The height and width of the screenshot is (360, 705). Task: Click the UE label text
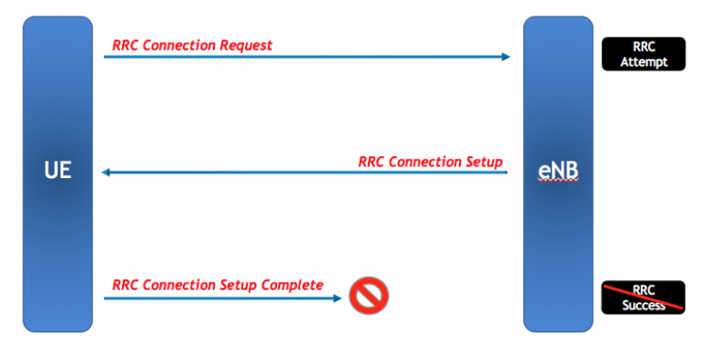[x=57, y=171]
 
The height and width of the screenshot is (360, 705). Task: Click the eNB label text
[x=558, y=171]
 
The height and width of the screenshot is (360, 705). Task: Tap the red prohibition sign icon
[x=369, y=296]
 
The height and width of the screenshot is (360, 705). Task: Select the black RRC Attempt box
[x=643, y=53]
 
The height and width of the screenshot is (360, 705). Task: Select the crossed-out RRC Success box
[x=643, y=298]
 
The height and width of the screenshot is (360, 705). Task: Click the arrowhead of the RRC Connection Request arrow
[x=505, y=57]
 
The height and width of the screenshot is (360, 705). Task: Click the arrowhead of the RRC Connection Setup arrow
[x=106, y=172]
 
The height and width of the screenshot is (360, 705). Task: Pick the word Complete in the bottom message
[x=293, y=285]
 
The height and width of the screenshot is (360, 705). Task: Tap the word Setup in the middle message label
[x=483, y=162]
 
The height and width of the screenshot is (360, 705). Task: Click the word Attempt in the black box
[x=643, y=62]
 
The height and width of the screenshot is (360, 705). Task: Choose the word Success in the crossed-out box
[x=643, y=306]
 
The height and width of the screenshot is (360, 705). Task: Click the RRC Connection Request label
[x=192, y=45]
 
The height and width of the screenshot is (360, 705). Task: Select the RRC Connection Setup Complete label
[x=218, y=285]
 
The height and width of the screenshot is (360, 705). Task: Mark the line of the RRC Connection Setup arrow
[x=303, y=172]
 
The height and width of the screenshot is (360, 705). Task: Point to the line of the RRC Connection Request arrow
[x=303, y=57]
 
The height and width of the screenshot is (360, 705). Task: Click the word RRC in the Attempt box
[x=643, y=46]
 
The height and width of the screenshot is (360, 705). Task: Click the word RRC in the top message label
[x=126, y=45]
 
